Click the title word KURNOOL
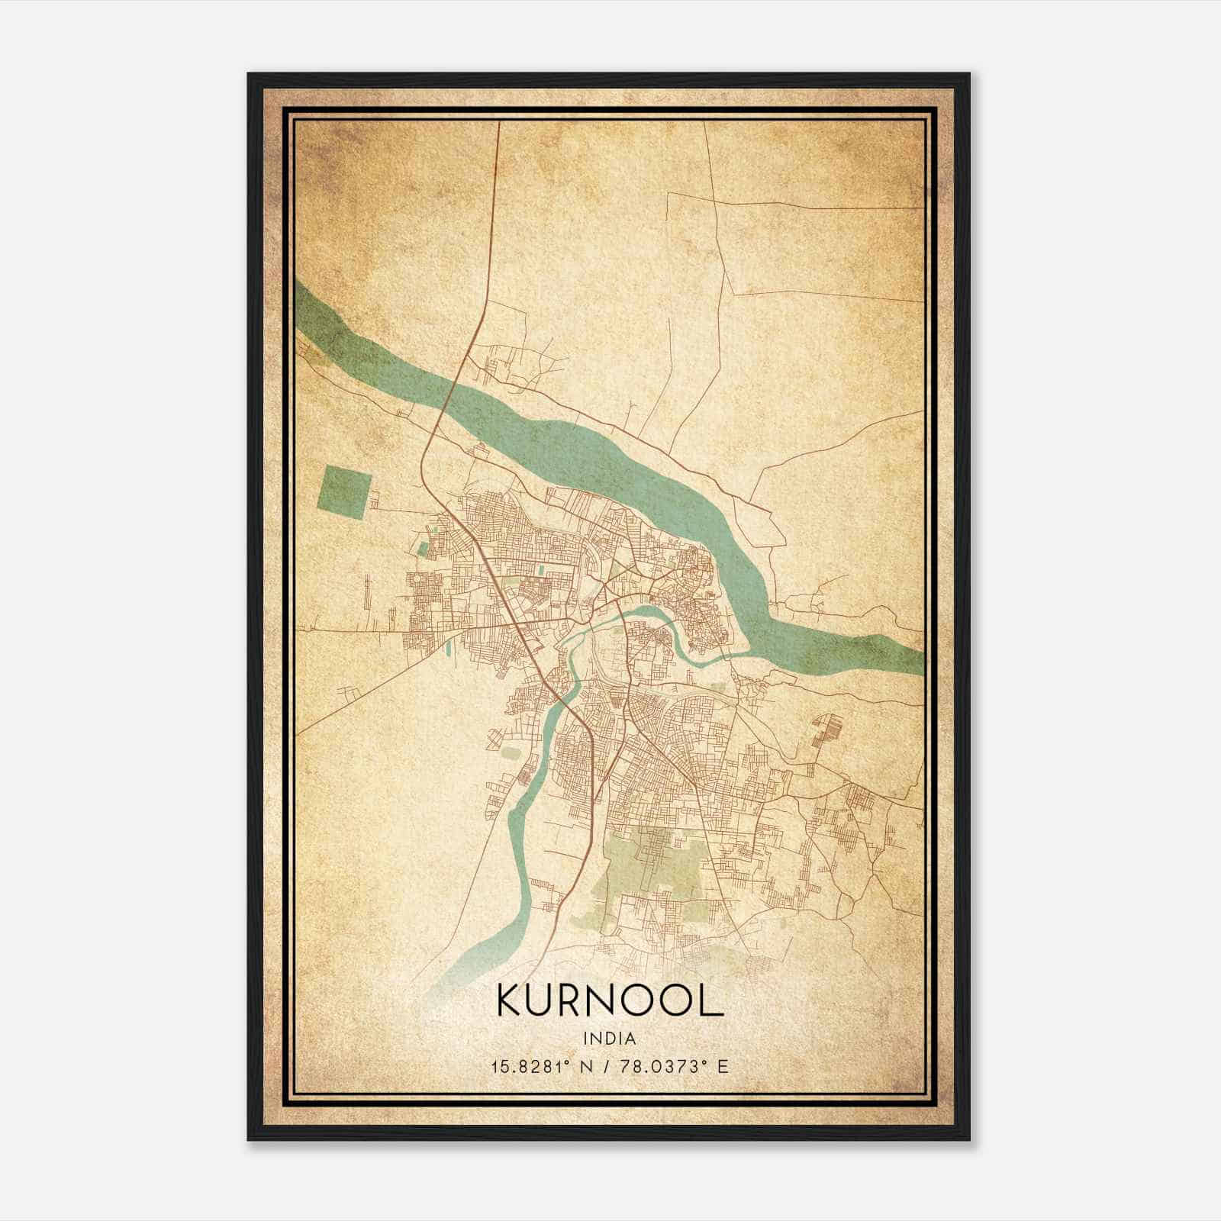click(x=610, y=1000)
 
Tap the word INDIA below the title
click(x=610, y=1039)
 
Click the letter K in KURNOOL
click(x=511, y=1000)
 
